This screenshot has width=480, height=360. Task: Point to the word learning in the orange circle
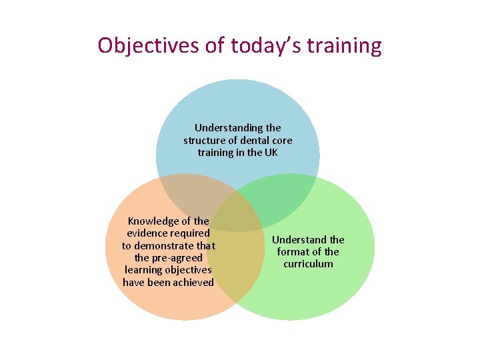click(x=144, y=269)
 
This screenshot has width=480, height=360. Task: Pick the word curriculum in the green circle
click(x=308, y=263)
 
